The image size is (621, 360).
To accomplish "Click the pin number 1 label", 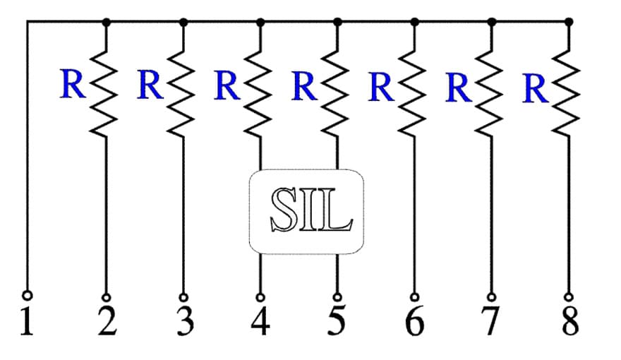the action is coord(27,322).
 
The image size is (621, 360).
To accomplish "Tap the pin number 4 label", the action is coord(260,322).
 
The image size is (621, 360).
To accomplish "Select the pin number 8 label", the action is coord(570,322).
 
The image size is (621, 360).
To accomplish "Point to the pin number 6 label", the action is coord(414,322).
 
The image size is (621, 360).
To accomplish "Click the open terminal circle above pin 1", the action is coord(28,295).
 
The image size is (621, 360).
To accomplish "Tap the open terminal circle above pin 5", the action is coord(337,297).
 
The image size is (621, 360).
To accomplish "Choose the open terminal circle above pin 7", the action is coord(492,297).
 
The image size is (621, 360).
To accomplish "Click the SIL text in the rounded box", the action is coord(311,210).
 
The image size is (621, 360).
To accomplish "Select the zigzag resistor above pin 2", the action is coord(104,93).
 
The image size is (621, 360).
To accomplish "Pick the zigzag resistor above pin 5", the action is coord(335,93).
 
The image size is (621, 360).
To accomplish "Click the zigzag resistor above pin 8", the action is coord(567,93).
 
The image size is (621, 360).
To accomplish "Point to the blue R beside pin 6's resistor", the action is coord(381,86).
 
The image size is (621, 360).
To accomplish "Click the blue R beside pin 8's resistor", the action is coord(536,88).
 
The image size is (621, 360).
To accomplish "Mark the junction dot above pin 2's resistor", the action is coord(106,22).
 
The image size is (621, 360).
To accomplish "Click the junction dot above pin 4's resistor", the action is coord(260,22).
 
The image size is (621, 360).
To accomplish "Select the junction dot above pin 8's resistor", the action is coord(569,22).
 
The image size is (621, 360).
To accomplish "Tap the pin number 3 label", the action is coord(186,322).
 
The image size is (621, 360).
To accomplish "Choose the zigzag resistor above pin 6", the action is coord(412,93).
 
